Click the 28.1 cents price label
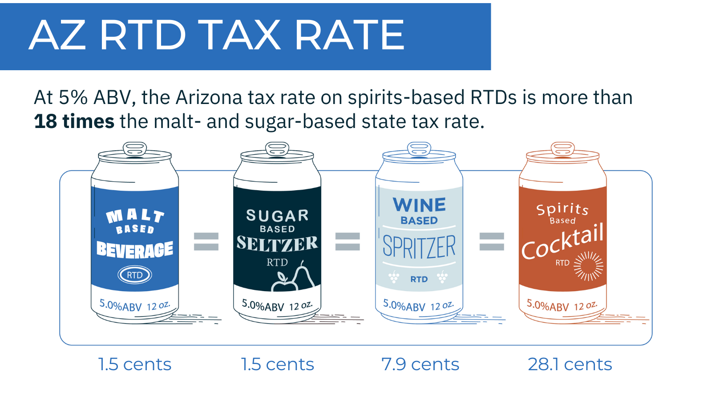(570, 364)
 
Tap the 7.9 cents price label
(420, 364)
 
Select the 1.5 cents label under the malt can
(134, 364)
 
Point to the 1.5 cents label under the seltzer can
(277, 364)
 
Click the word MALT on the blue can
(135, 216)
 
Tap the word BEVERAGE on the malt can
(135, 250)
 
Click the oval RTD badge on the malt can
(135, 275)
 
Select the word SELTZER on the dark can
(277, 244)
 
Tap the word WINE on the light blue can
(419, 205)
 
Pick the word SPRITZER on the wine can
(419, 247)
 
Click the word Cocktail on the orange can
(562, 242)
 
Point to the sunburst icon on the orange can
(588, 266)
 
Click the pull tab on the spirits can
(562, 148)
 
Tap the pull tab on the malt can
(135, 148)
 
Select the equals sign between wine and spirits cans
(491, 242)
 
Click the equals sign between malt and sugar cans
(206, 242)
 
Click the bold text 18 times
(74, 121)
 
